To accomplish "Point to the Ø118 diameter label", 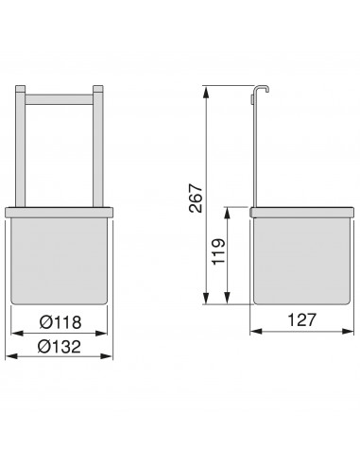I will [x=60, y=322].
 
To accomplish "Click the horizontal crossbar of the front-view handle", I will [x=60, y=96].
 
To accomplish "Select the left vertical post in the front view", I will [x=21, y=146].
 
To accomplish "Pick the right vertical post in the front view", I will [x=97, y=146].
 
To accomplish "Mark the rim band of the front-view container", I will [x=60, y=209].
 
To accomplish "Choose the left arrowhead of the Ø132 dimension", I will [x=9, y=356].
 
